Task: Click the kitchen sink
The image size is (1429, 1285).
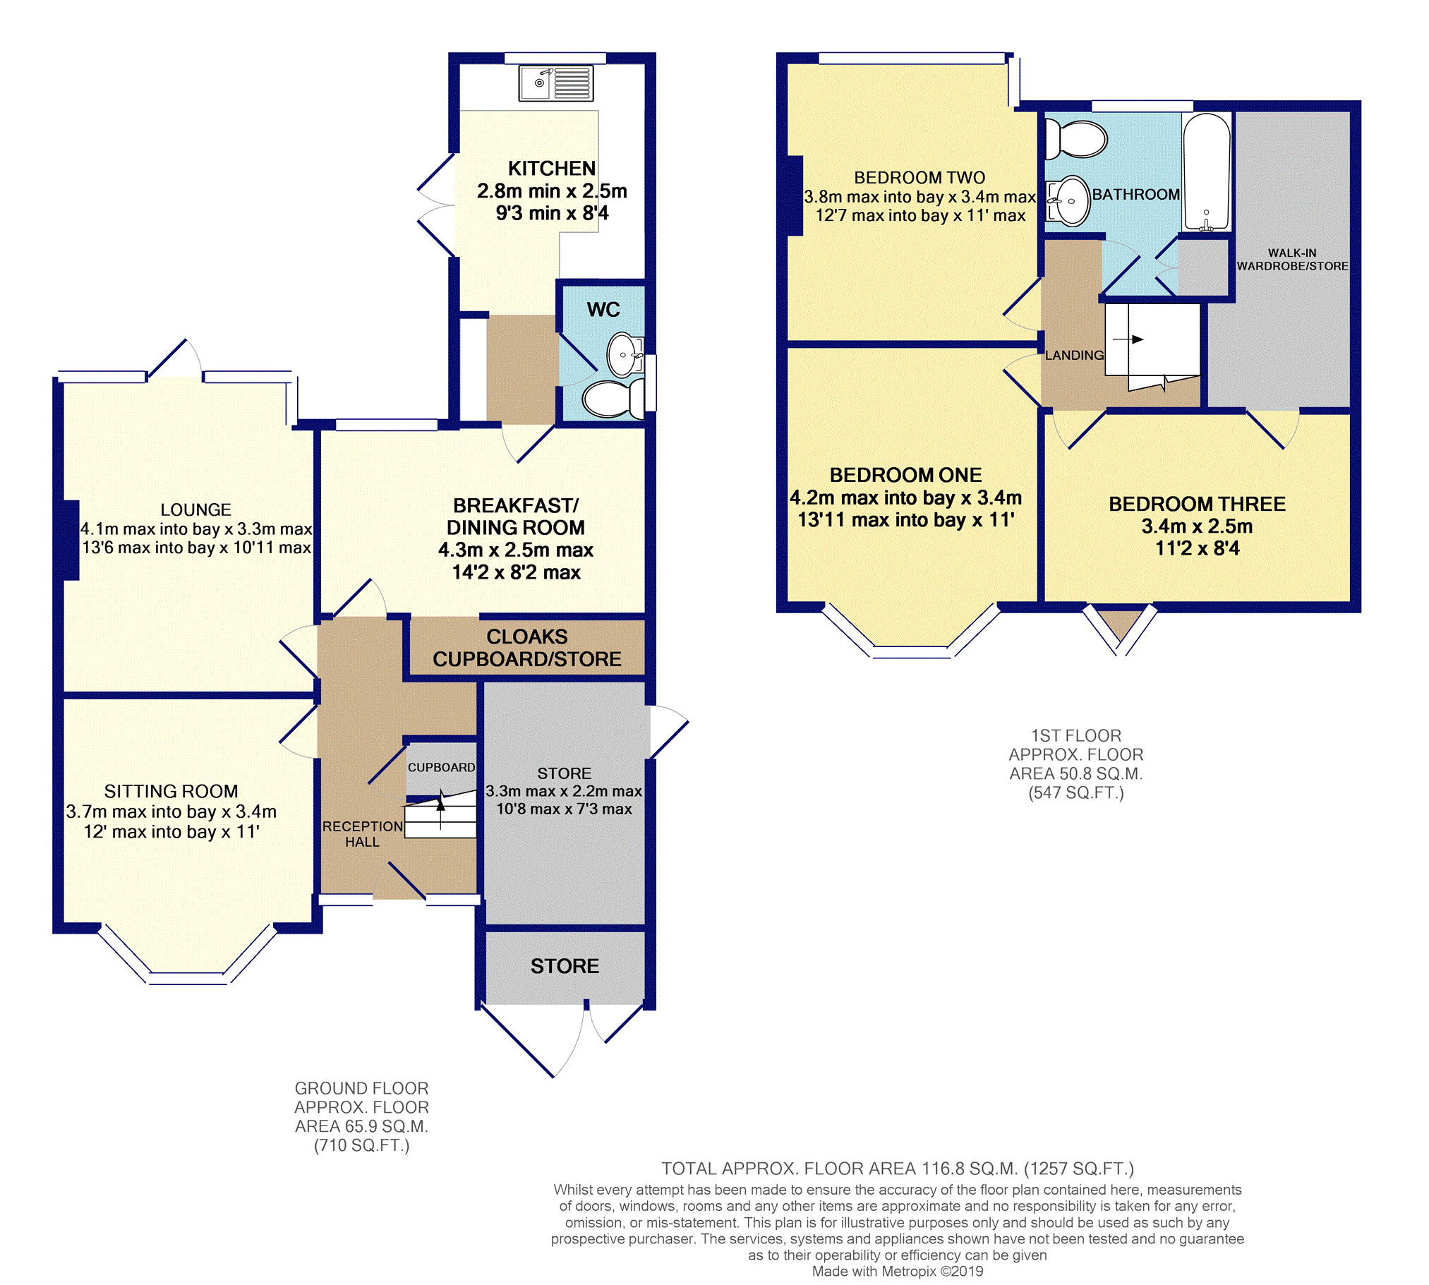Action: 555,83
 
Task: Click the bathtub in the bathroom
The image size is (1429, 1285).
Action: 1207,172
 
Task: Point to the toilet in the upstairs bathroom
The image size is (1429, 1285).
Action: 1075,138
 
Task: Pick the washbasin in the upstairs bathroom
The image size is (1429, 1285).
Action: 1068,201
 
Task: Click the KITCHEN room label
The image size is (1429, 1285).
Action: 552,169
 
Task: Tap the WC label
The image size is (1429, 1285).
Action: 603,309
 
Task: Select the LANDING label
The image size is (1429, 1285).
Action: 1074,355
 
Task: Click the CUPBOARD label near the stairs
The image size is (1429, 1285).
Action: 441,768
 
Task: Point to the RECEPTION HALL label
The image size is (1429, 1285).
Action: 362,834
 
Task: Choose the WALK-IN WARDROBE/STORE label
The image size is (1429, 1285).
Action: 1292,259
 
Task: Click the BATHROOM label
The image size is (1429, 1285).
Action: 1136,194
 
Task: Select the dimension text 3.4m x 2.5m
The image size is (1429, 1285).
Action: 1198,526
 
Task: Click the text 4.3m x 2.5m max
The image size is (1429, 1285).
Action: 515,550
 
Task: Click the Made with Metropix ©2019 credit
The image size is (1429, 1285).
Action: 898,1271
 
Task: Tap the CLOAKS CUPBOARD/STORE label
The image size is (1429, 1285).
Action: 526,648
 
